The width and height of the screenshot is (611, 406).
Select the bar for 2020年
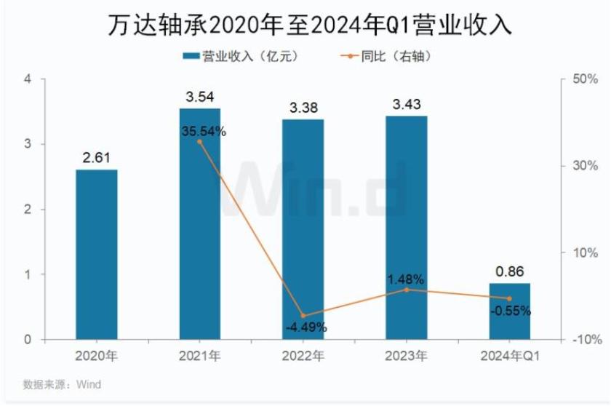[97, 255]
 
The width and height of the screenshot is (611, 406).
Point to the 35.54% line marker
[200, 141]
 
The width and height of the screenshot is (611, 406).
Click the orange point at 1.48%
[407, 290]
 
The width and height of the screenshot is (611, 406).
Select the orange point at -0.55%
[510, 298]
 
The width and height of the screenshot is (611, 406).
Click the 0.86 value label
[510, 270]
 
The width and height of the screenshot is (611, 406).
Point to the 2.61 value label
[97, 156]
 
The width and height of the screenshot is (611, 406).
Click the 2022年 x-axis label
[303, 357]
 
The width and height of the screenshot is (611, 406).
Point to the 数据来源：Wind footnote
[62, 384]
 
